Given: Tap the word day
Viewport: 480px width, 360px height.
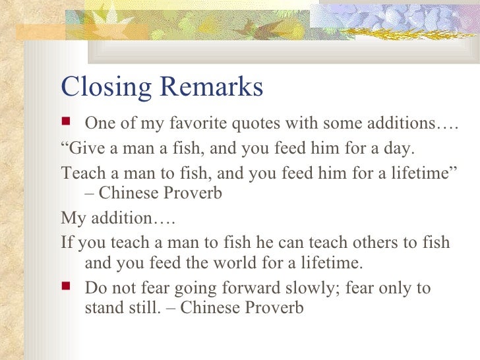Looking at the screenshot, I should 400,148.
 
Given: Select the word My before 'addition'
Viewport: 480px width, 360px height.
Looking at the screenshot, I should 72,217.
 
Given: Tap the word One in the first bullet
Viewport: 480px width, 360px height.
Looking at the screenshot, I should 100,124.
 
